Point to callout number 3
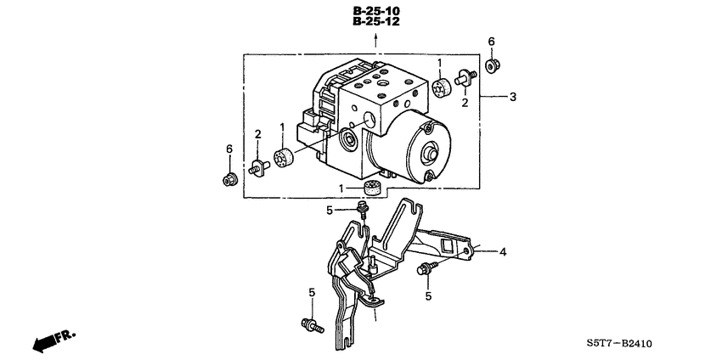511,98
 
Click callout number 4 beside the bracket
503,251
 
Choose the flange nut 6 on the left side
228,179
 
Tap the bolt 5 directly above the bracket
363,208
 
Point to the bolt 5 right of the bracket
422,270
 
